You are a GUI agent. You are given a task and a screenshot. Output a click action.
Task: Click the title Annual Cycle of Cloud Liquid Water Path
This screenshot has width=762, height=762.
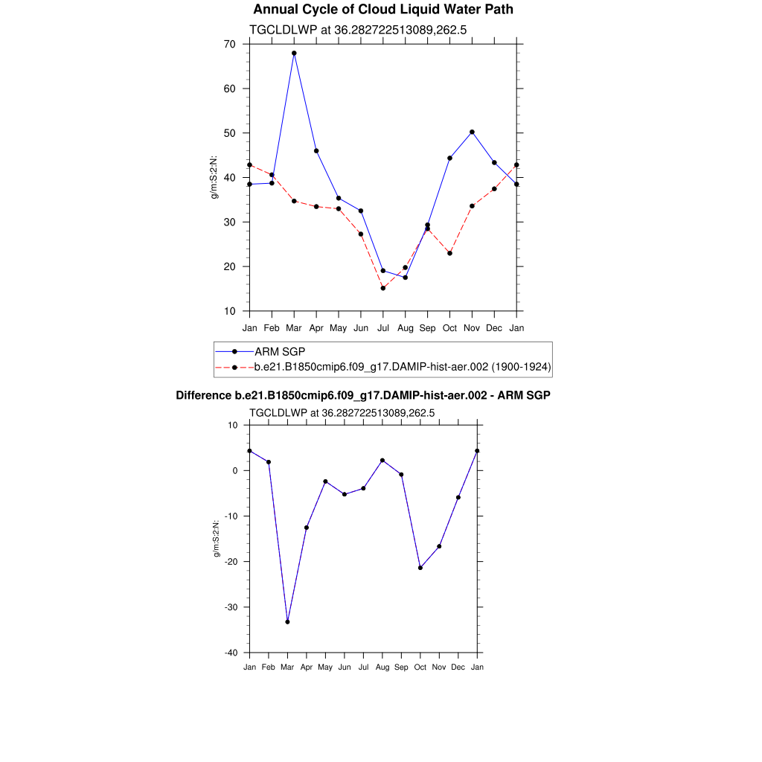pyautogui.click(x=382, y=10)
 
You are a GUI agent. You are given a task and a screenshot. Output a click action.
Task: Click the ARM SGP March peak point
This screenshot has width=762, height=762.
pyautogui.click(x=294, y=54)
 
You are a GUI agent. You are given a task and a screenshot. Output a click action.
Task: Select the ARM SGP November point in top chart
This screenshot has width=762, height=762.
pyautogui.click(x=472, y=132)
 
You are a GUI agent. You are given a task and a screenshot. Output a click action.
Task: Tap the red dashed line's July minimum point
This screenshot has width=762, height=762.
pyautogui.click(x=383, y=288)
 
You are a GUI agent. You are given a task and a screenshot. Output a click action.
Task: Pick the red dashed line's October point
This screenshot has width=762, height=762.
pyautogui.click(x=449, y=253)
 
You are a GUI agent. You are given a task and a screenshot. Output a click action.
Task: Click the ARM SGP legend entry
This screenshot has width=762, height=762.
pyautogui.click(x=280, y=351)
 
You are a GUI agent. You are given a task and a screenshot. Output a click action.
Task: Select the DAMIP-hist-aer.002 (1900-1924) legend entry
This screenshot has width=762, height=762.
pyautogui.click(x=402, y=367)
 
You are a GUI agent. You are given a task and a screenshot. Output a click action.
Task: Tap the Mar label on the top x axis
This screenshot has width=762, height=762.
pyautogui.click(x=294, y=327)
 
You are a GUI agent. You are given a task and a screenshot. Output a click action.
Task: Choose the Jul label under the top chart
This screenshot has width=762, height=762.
pyautogui.click(x=383, y=327)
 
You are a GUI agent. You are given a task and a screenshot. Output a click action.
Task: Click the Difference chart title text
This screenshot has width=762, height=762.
pyautogui.click(x=363, y=395)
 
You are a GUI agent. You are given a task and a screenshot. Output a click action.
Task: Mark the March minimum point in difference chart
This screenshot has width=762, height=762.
pyautogui.click(x=287, y=621)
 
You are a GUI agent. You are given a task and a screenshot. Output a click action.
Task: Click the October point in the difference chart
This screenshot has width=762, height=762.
pyautogui.click(x=420, y=568)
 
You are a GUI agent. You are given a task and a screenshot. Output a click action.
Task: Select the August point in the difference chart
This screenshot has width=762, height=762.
pyautogui.click(x=382, y=461)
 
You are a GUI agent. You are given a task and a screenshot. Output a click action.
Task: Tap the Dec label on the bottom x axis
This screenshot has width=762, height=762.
pyautogui.click(x=458, y=667)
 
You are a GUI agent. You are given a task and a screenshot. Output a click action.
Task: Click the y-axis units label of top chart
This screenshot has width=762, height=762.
pyautogui.click(x=215, y=177)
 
